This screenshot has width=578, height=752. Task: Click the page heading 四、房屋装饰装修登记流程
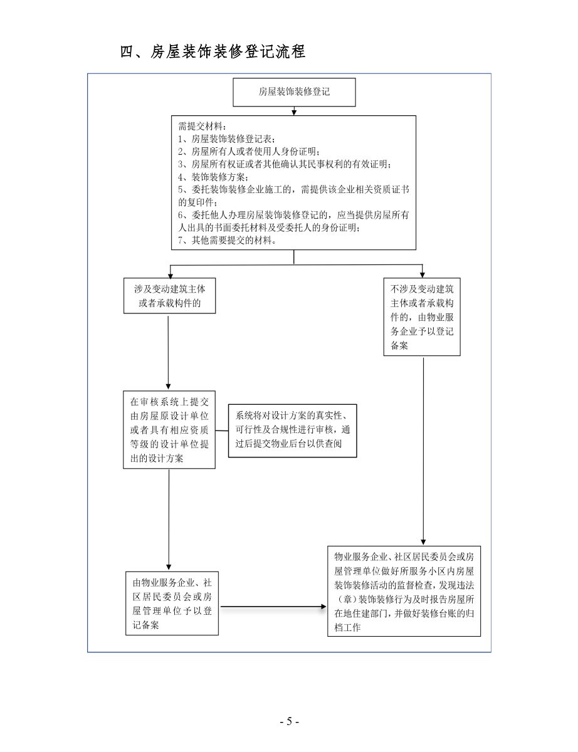point(213,51)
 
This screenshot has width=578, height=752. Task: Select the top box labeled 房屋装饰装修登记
point(294,92)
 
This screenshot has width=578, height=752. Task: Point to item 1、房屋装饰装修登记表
point(227,138)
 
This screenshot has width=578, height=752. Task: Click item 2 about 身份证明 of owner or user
point(249,151)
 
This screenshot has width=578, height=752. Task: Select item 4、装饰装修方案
point(213,177)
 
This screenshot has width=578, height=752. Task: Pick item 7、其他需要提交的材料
point(228,240)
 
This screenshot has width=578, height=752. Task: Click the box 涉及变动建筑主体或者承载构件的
point(170,296)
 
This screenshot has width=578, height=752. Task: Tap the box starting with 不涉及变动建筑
point(422,316)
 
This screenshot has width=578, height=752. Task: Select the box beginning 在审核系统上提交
point(169,430)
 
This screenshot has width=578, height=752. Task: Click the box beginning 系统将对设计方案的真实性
point(293,431)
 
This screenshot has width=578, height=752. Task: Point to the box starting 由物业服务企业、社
point(172,603)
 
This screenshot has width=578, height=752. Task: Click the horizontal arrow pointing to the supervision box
point(273,607)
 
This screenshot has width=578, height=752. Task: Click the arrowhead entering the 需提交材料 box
point(294,113)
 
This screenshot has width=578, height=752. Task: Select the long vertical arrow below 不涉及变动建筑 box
point(423,451)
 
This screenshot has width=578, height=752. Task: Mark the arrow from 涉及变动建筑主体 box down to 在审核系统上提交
point(168,353)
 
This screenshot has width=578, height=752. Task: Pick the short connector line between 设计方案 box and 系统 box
point(222,431)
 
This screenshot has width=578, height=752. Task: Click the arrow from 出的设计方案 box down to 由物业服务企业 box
point(169,520)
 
